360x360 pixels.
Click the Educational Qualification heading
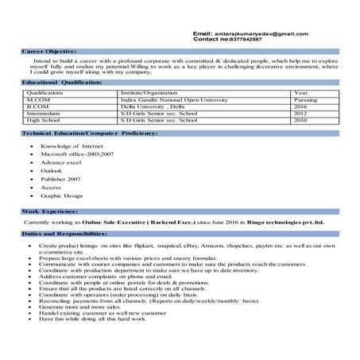[x=63, y=83]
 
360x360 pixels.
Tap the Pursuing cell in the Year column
[x=305, y=99]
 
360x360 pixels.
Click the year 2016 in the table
[x=300, y=106]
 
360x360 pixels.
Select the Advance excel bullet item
[x=62, y=162]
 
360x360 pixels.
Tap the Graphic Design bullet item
[x=62, y=195]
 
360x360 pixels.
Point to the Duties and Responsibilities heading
[x=64, y=234]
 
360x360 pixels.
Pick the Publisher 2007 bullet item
[x=61, y=179]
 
